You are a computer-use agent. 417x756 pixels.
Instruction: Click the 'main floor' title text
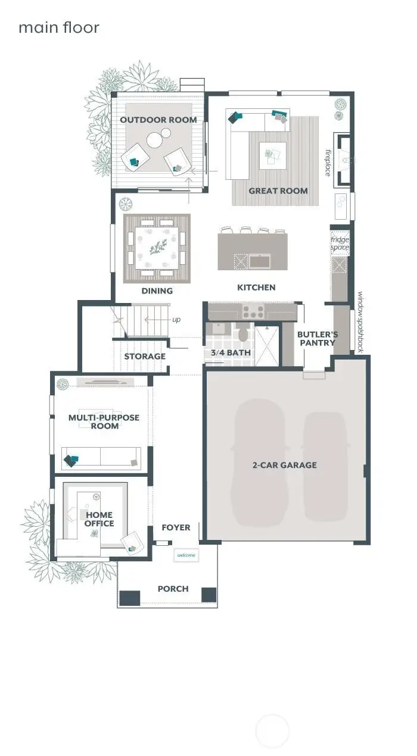pos(58,27)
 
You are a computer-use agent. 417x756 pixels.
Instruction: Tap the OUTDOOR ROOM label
pos(158,120)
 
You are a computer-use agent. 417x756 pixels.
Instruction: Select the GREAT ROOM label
pos(278,191)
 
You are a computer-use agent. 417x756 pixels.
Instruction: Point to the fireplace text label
pos(328,162)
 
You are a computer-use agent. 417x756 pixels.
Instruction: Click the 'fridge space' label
pos(340,243)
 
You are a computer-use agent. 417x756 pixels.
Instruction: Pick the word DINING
pos(157,291)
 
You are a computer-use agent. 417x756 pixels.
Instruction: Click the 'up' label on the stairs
pos(176,320)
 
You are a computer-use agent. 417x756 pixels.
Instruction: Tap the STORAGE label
pos(145,357)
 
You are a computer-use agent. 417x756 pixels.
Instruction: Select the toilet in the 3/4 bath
pos(243,335)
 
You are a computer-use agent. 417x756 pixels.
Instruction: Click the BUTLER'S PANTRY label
pos(318,338)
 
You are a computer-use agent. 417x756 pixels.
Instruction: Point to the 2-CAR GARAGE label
pos(284,465)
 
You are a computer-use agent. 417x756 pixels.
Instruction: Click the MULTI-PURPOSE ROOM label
pos(104,421)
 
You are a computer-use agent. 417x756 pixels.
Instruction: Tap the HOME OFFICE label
pos(99,519)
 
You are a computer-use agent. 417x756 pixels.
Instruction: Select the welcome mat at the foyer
pos(186,555)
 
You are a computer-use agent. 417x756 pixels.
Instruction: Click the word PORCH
pos(173,589)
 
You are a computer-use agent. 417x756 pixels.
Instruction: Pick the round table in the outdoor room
pos(155,140)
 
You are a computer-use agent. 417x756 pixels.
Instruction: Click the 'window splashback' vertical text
pos(360,322)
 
